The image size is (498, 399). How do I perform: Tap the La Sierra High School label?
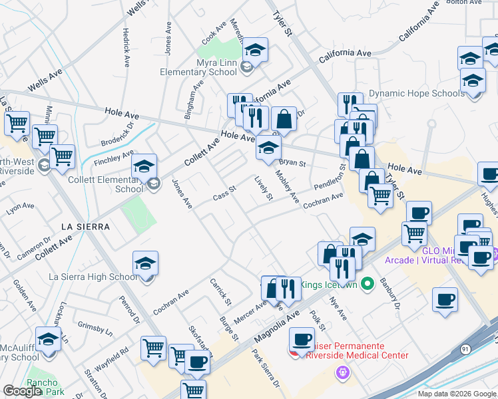tap(93, 277)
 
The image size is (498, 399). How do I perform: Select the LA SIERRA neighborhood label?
tap(85, 226)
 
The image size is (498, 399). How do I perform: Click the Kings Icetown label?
tap(325, 285)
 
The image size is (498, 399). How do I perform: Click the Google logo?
tap(22, 391)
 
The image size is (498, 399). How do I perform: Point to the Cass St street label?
tap(224, 194)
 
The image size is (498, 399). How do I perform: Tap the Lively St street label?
tap(264, 188)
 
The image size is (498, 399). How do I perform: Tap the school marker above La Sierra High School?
tap(145, 263)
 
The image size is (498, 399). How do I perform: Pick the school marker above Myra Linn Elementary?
tap(254, 50)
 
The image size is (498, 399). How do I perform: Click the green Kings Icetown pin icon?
tap(366, 285)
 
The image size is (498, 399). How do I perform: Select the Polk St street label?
tap(317, 320)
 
